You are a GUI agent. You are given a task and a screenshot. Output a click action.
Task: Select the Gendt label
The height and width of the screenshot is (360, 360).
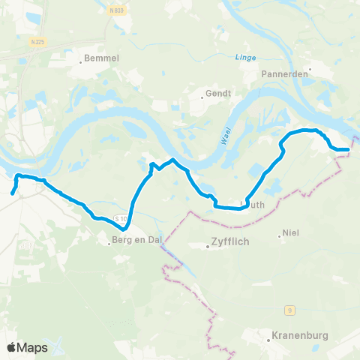coord(217,94)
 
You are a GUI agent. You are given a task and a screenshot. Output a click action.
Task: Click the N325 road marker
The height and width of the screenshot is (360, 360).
coord(39,43)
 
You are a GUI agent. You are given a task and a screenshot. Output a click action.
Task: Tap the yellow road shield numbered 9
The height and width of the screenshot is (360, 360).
coord(289,308)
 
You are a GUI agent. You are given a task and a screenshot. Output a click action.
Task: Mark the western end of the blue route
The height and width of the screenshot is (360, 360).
coord(12,193)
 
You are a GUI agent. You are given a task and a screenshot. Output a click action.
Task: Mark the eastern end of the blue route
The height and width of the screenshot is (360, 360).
coord(349,150)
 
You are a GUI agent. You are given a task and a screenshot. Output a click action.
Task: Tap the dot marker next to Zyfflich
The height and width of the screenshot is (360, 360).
coord(208,243)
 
